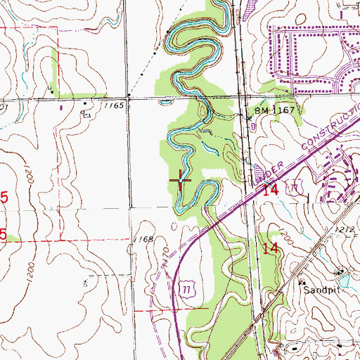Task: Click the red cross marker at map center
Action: tap(181, 181)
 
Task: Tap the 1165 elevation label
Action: tap(116, 105)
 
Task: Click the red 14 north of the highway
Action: tap(271, 189)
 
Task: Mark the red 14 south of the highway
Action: tap(269, 247)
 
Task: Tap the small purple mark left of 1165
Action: tap(60, 108)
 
